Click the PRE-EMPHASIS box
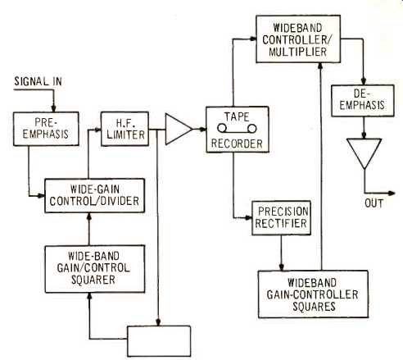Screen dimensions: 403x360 (46, 129)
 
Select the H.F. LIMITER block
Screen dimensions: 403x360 (125, 129)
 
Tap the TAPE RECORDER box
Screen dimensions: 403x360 (238, 130)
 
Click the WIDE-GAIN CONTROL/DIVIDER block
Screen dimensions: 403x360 (94, 196)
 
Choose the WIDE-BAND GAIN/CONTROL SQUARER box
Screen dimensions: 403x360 (95, 269)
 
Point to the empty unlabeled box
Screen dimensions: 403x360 (159, 341)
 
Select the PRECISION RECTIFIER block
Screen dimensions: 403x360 (281, 218)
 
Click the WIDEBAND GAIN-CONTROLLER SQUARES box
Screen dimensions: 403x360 (313, 294)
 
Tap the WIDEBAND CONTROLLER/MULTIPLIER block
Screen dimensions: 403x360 (298, 39)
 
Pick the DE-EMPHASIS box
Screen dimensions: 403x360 (363, 101)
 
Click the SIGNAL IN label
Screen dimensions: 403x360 (38, 81)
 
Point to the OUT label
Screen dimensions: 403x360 (374, 203)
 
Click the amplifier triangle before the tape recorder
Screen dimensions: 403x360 (178, 129)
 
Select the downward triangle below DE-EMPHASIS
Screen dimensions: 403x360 (364, 153)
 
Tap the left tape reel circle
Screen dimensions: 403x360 (222, 128)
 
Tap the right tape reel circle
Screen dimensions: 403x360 (251, 128)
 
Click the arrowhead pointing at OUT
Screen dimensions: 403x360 (392, 194)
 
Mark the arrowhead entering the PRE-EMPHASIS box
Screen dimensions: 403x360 (54, 108)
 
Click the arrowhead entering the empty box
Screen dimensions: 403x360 (158, 322)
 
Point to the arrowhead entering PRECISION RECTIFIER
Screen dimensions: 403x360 (248, 218)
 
